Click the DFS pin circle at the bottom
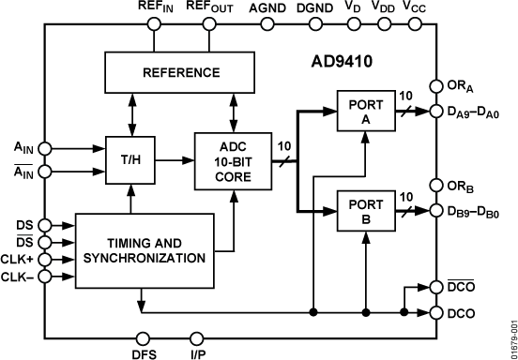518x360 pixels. coord(143,337)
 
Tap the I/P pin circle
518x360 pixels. coord(197,337)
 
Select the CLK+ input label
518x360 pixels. coord(19,262)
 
